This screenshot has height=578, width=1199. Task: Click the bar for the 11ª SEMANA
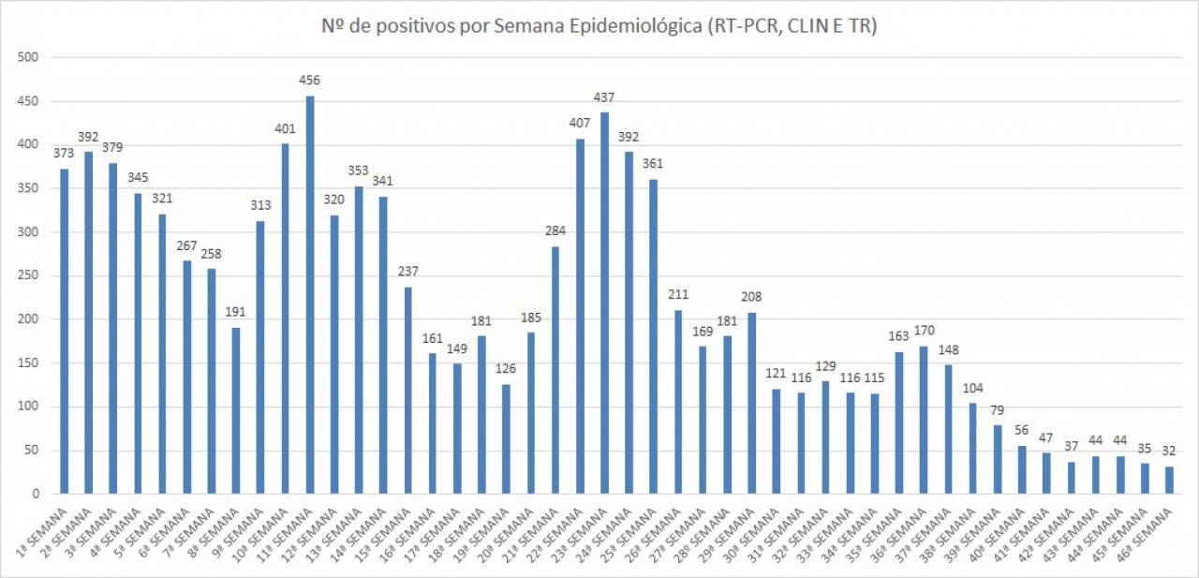pyautogui.click(x=310, y=294)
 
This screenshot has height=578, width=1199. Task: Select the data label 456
pyautogui.click(x=310, y=80)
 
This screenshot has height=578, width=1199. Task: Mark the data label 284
pyautogui.click(x=555, y=230)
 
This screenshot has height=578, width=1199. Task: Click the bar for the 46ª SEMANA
pyautogui.click(x=1169, y=480)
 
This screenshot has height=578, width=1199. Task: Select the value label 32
pyautogui.click(x=1169, y=451)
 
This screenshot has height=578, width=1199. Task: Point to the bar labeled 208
pyautogui.click(x=751, y=403)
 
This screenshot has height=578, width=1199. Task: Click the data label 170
pyautogui.click(x=924, y=330)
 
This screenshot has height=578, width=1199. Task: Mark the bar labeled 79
pyautogui.click(x=997, y=459)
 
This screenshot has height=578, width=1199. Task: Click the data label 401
pyautogui.click(x=286, y=127)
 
